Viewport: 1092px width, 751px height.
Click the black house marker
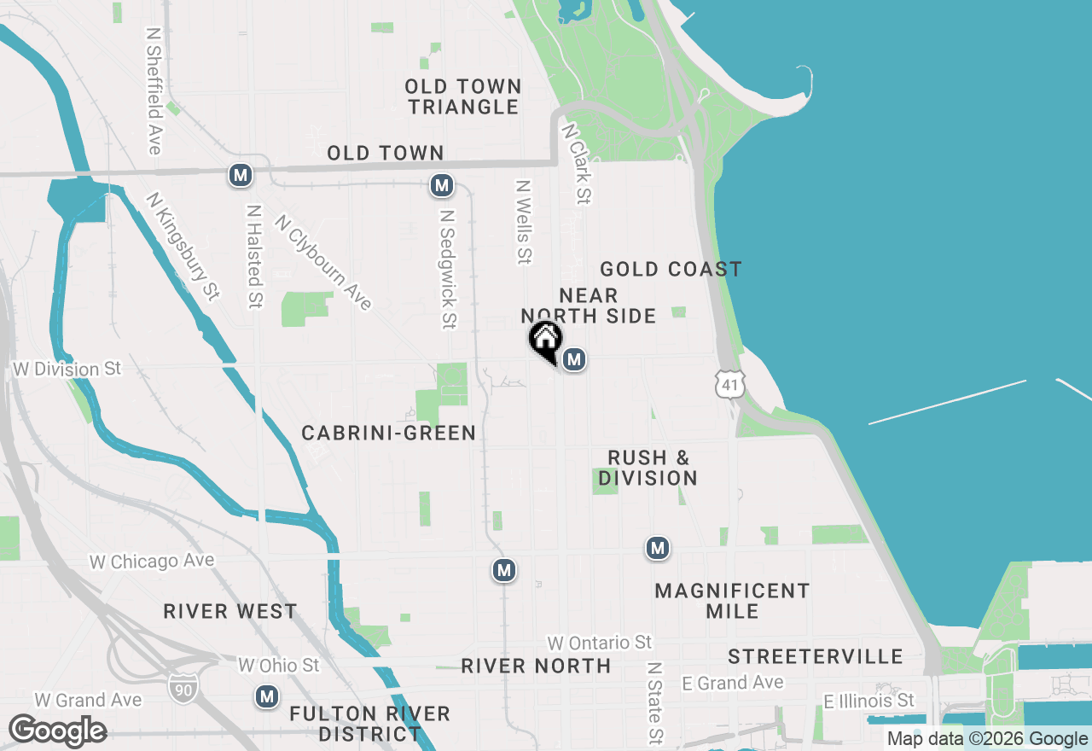tap(545, 341)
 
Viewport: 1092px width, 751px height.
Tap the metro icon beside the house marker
tap(574, 359)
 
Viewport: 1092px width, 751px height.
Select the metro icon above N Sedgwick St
tap(441, 184)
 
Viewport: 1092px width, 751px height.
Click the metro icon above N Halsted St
tap(241, 176)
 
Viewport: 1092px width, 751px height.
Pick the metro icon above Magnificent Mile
tap(657, 548)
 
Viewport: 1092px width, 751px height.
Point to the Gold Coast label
tap(671, 270)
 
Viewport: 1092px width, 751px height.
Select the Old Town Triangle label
tap(463, 96)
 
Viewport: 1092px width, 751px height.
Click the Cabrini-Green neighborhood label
tap(389, 434)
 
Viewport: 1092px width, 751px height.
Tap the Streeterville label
tap(816, 656)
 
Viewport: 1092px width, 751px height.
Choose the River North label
tap(536, 666)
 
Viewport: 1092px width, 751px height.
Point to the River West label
tap(230, 611)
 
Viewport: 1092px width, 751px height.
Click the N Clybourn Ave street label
tap(323, 262)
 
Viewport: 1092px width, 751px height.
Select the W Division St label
tap(68, 370)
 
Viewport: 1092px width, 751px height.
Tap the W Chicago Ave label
tap(152, 562)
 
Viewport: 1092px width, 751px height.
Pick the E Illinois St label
tap(868, 701)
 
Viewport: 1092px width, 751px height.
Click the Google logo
tap(57, 731)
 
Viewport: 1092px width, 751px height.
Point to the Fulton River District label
tap(369, 724)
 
